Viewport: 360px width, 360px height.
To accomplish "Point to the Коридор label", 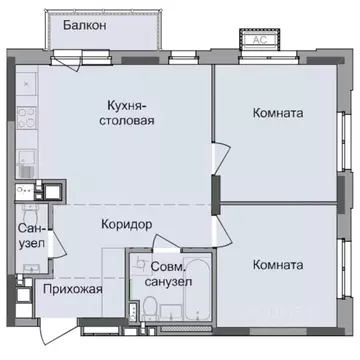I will [x=126, y=225].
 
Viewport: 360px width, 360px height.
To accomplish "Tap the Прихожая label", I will [x=74, y=289].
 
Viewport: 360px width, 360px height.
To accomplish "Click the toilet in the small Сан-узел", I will [x=29, y=212].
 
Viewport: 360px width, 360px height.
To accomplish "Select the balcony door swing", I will [x=78, y=62].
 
